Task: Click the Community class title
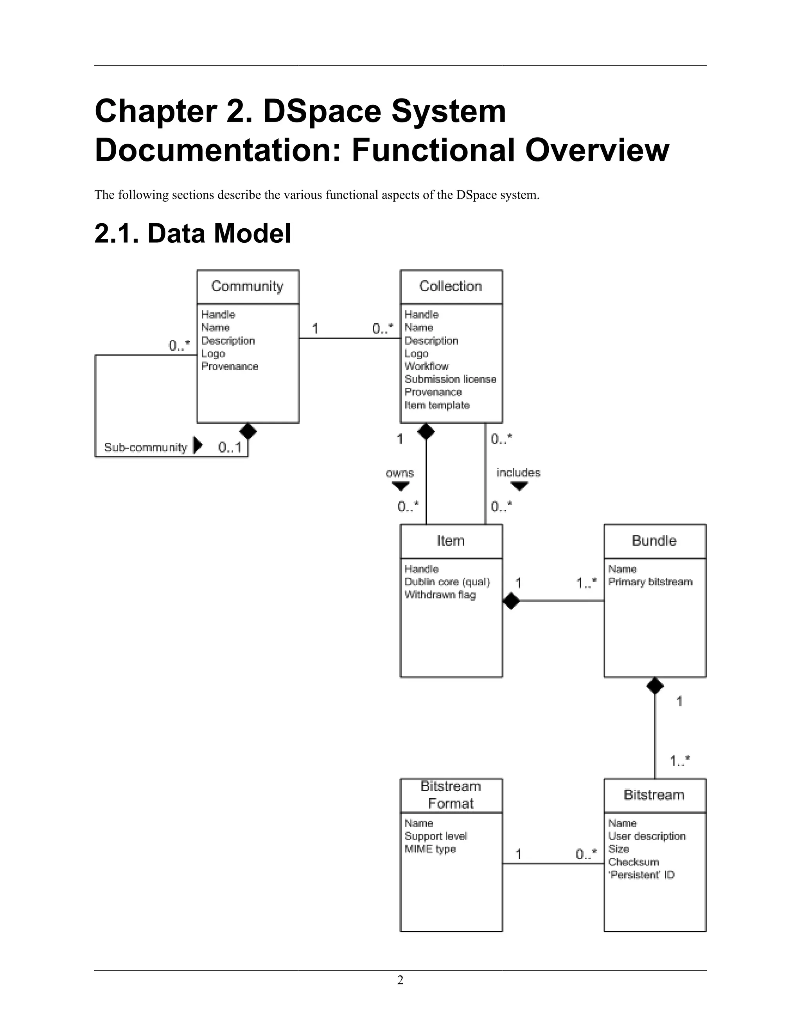[x=247, y=286]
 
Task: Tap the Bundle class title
[x=654, y=540]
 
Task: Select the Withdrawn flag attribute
[x=440, y=595]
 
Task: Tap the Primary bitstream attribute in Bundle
[x=650, y=582]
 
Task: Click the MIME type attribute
[x=430, y=849]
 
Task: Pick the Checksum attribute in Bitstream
[x=634, y=862]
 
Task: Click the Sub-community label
[x=145, y=447]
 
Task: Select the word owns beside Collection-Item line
[x=400, y=473]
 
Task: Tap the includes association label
[x=518, y=473]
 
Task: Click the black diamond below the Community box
[x=248, y=431]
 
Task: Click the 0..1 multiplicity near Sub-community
[x=230, y=447]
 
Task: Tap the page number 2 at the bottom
[x=400, y=980]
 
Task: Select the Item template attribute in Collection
[x=436, y=405]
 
